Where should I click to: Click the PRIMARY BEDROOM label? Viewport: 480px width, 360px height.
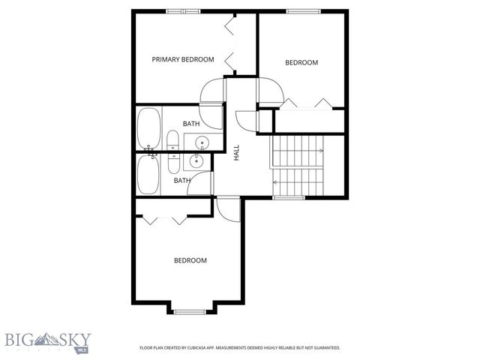(183, 59)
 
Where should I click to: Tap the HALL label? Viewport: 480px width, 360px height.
(236, 152)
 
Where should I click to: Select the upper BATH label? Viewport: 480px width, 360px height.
(191, 124)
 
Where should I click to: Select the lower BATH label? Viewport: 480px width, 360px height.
(182, 180)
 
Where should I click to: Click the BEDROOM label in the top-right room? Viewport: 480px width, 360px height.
(301, 63)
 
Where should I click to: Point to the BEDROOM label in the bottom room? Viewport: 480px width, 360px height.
(190, 260)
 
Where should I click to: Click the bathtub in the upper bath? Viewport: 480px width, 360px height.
(148, 129)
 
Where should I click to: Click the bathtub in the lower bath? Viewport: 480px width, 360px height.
(148, 175)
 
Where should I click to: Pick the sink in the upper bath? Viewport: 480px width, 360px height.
(201, 142)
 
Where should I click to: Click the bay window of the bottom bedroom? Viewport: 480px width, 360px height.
(190, 310)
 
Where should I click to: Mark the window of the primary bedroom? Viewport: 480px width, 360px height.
(184, 10)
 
